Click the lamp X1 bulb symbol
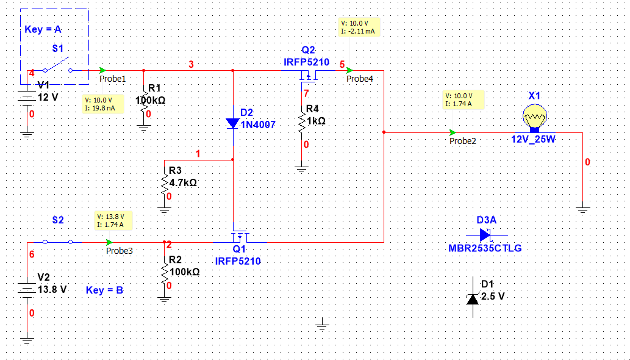(x=535, y=116)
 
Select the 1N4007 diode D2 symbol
(x=233, y=123)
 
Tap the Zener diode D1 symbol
(x=472, y=297)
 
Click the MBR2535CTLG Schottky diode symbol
(x=485, y=234)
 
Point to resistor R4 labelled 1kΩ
(x=301, y=120)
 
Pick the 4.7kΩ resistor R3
(x=164, y=182)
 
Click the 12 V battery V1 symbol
(x=26, y=96)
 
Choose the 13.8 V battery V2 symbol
(x=26, y=289)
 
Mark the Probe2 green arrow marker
(x=453, y=132)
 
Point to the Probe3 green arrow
(x=109, y=242)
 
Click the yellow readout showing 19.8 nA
(x=103, y=104)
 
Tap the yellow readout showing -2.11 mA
(x=359, y=27)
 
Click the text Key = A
(x=43, y=29)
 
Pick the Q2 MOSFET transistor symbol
(x=308, y=76)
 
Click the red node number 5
(x=342, y=64)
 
